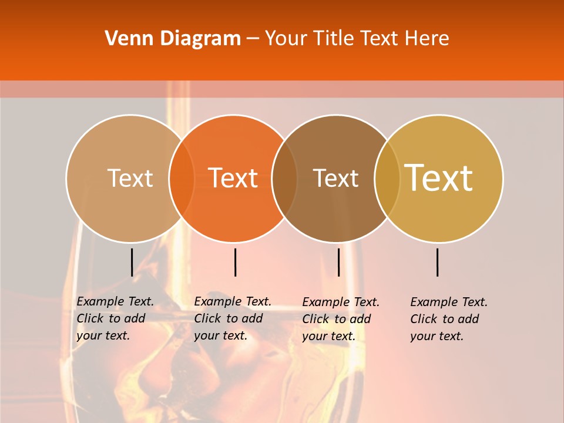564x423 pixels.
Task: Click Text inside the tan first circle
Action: tap(130, 178)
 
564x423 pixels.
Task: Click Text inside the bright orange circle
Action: tap(233, 178)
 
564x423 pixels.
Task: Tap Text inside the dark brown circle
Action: tap(335, 178)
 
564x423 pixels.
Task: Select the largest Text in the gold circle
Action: tap(439, 178)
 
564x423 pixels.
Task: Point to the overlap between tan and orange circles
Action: tap(182, 178)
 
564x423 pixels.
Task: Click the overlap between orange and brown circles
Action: tap(284, 178)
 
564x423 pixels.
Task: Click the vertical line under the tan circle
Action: tap(132, 262)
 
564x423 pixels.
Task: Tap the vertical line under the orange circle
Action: tap(235, 262)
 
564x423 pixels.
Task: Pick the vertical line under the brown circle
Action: tap(338, 262)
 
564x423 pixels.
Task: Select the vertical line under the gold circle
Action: tap(438, 262)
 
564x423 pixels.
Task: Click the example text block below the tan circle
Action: tap(115, 318)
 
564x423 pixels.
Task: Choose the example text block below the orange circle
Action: tap(233, 318)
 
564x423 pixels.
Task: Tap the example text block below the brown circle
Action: tap(341, 319)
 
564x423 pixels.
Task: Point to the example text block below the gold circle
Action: tap(449, 319)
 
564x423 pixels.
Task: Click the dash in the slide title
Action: tap(253, 39)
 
